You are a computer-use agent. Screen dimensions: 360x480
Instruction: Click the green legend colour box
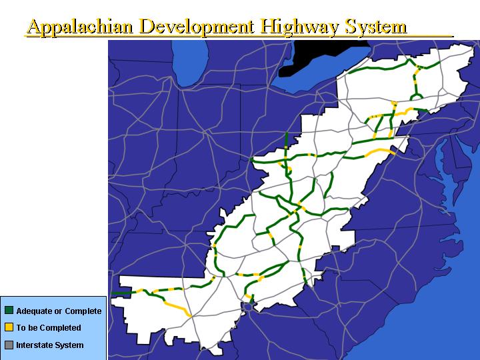[9, 311]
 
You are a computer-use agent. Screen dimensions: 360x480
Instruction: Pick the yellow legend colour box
[9, 327]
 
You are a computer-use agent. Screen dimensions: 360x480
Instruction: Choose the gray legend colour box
[9, 345]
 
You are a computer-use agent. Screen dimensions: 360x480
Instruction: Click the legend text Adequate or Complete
[59, 311]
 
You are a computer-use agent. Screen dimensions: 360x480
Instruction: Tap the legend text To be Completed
[49, 328]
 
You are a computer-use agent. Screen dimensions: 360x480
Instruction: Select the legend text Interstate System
[50, 345]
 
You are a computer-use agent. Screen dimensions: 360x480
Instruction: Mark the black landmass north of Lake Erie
[313, 56]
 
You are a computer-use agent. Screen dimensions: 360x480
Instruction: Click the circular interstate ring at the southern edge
[248, 306]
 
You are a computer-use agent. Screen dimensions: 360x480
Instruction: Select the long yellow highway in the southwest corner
[175, 307]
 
